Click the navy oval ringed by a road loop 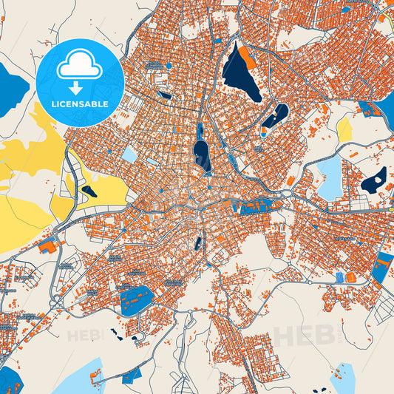point(200,152)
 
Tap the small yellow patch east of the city point(344,129)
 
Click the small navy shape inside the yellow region point(89,191)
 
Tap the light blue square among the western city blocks point(130,154)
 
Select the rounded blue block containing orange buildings point(136,299)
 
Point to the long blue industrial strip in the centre point(255,206)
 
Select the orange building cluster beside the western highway point(48,247)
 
